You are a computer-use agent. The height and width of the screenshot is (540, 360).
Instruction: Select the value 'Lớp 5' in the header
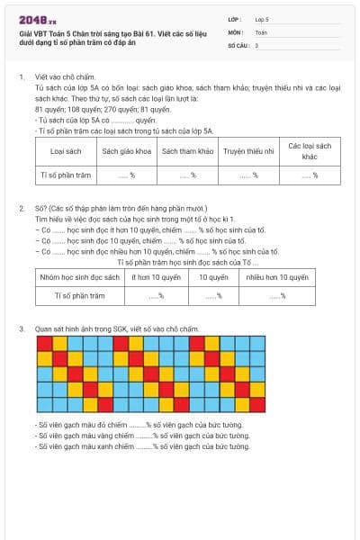(x=263, y=19)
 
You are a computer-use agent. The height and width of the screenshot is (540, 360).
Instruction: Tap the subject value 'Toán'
(x=261, y=31)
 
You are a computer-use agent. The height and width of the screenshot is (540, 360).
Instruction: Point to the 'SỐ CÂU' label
(x=238, y=44)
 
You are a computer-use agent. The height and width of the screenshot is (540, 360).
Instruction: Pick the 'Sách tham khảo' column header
(x=187, y=151)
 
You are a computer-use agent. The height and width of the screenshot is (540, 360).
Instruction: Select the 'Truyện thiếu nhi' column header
(x=248, y=151)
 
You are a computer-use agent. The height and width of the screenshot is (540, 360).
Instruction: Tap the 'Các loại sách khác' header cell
(x=310, y=151)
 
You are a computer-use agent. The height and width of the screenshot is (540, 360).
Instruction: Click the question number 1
(x=21, y=78)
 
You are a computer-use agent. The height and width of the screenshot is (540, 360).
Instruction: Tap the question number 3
(x=21, y=329)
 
